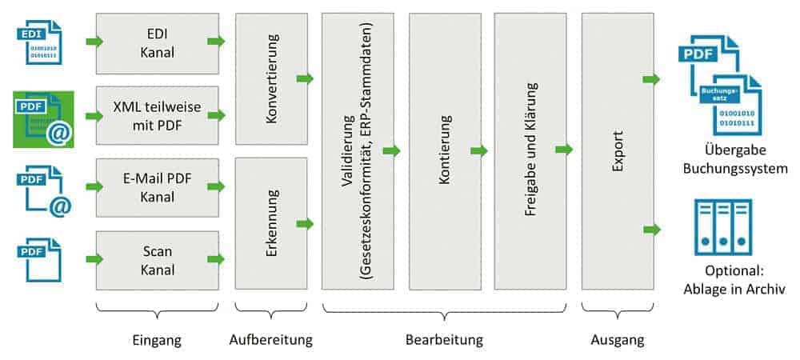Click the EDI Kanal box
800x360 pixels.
point(156,42)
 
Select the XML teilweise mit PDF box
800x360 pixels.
point(156,115)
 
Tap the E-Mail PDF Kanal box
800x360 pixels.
point(156,186)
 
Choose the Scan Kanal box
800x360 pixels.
point(156,260)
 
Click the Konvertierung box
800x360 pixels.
point(271,78)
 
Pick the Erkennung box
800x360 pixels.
point(271,223)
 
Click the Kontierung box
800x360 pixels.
point(444,151)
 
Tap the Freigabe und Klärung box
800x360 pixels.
point(530,151)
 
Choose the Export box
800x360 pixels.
point(617,151)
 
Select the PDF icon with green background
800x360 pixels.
point(44,119)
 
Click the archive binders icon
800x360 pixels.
point(722,226)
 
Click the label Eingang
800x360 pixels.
point(156,340)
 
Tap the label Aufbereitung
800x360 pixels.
point(271,340)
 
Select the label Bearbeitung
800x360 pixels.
point(445,340)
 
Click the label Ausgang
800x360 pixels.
point(617,340)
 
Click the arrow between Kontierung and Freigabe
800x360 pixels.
point(478,150)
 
